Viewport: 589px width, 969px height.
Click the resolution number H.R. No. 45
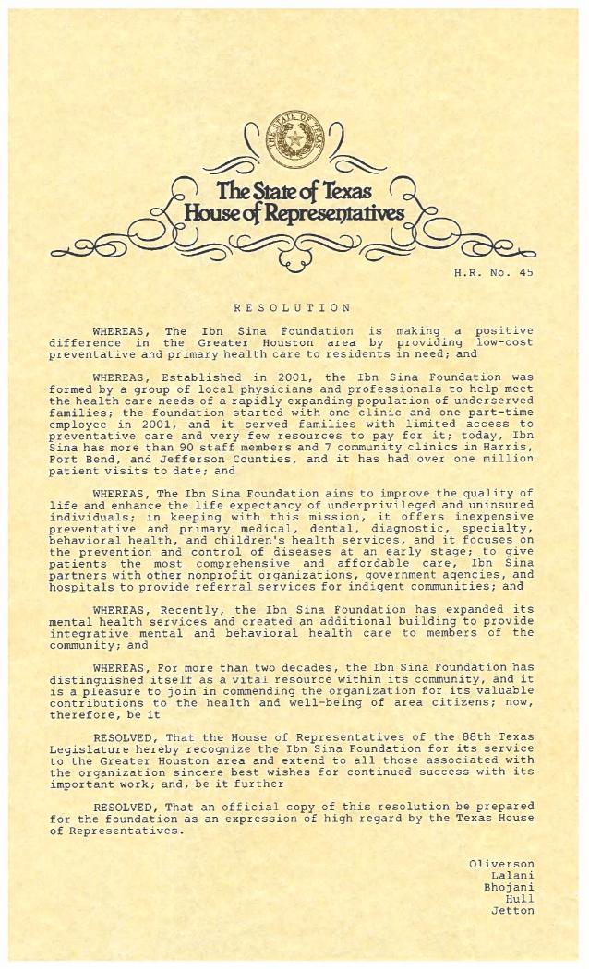(493, 272)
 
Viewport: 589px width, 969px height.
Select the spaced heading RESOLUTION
(292, 306)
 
